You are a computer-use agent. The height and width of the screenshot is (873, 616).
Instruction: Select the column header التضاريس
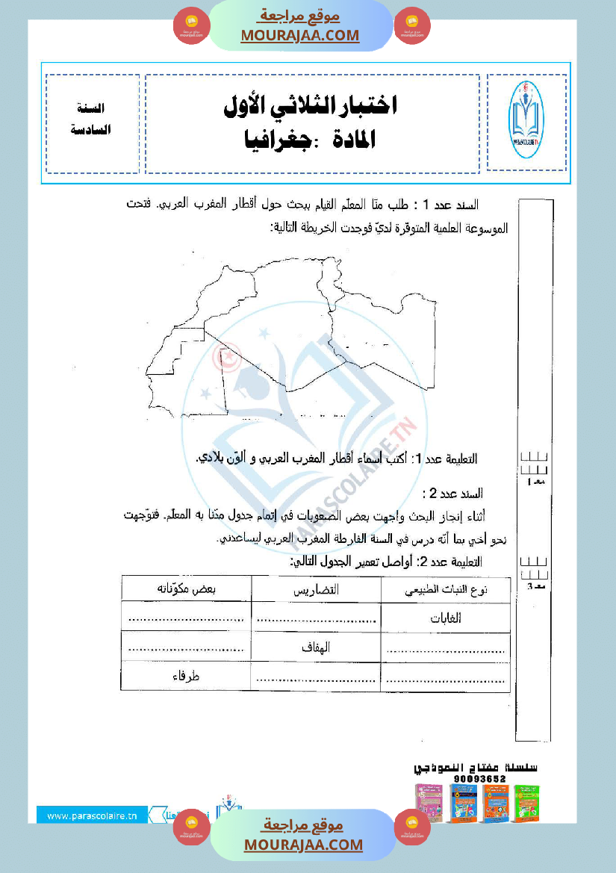pyautogui.click(x=317, y=589)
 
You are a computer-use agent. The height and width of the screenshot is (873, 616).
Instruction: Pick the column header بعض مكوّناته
pyautogui.click(x=186, y=588)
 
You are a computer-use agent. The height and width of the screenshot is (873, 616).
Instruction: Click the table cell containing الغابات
pyautogui.click(x=446, y=618)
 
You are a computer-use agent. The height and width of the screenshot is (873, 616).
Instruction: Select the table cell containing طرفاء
pyautogui.click(x=186, y=676)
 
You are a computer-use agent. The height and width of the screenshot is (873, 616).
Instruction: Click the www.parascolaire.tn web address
pyautogui.click(x=92, y=816)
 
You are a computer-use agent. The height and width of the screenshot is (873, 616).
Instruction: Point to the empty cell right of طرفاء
pyautogui.click(x=317, y=677)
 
